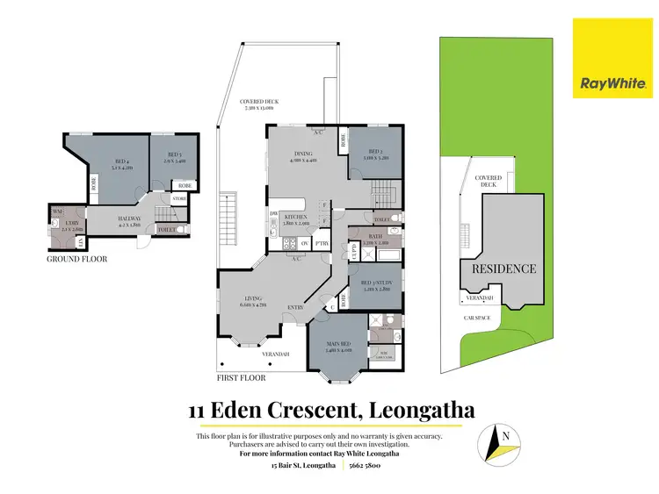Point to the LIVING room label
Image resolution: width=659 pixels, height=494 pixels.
(252, 300)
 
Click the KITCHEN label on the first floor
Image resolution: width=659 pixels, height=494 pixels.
(295, 217)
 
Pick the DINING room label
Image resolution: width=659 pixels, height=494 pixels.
(305, 154)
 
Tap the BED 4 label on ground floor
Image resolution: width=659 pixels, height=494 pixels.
(121, 161)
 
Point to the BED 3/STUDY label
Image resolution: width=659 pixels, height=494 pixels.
(376, 283)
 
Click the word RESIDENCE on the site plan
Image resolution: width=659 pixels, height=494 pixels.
(504, 268)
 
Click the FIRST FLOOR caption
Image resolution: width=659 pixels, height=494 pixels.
(242, 378)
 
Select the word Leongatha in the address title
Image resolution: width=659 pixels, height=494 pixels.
(424, 410)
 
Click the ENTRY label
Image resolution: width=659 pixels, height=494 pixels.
(296, 308)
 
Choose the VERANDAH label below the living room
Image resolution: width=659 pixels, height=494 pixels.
(276, 354)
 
